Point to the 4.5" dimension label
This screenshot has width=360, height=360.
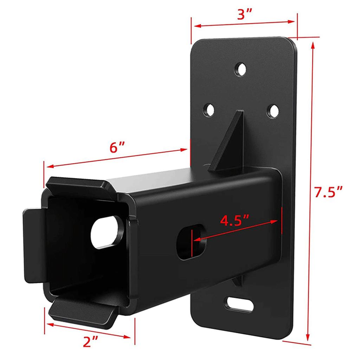click(234, 220)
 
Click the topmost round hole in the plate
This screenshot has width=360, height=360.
click(241, 69)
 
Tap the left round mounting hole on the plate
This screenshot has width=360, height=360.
click(210, 110)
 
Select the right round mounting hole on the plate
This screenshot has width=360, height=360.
click(272, 110)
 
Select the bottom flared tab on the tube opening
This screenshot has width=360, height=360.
click(83, 311)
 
